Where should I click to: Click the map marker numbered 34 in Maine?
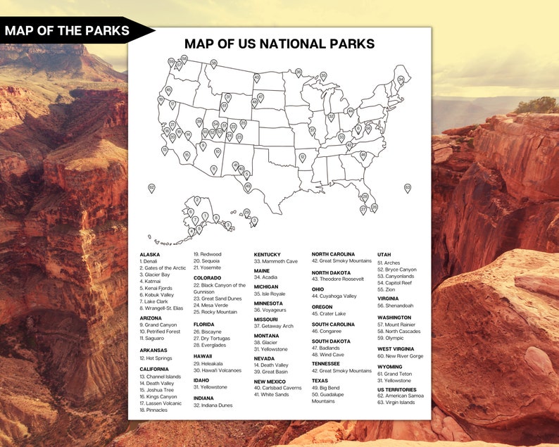pyautogui.click(x=401, y=80)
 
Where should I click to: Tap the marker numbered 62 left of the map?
pyautogui.click(x=151, y=188)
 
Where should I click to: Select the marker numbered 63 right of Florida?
pyautogui.click(x=407, y=188)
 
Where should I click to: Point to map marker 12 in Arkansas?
pyautogui.click(x=302, y=157)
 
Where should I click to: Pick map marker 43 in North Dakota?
pyautogui.click(x=256, y=77)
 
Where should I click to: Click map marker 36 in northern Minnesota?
pyautogui.click(x=299, y=73)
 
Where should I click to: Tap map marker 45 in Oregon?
pyautogui.click(x=168, y=90)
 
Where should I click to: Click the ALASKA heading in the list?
pyautogui.click(x=150, y=255)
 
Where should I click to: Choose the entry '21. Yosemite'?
pyautogui.click(x=208, y=267)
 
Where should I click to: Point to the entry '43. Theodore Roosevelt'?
pyautogui.click(x=338, y=279)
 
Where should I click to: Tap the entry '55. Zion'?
pyautogui.click(x=387, y=289)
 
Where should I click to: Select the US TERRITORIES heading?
pyautogui.click(x=397, y=390)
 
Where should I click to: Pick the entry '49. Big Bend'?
pyautogui.click(x=327, y=387)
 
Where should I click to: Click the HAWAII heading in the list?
pyautogui.click(x=203, y=356)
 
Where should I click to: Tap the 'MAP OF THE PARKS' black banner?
pyautogui.click(x=68, y=30)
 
